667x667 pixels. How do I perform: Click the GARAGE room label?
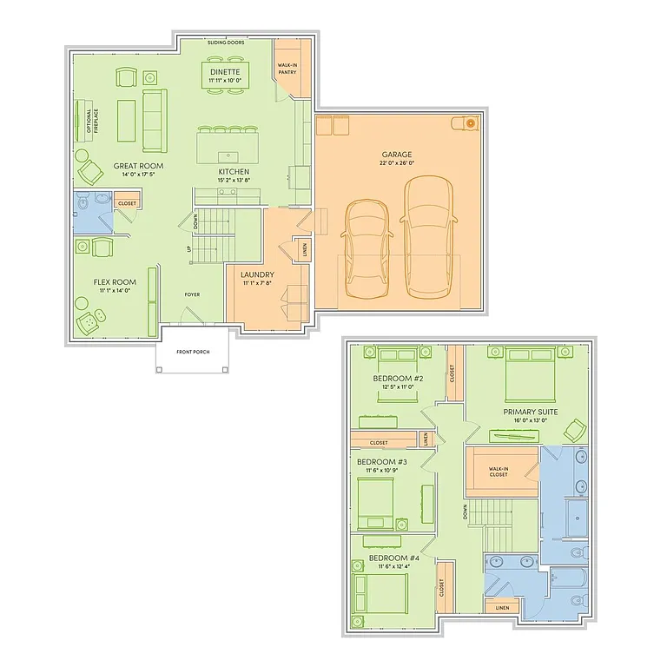397,155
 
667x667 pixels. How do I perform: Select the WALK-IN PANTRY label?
287,69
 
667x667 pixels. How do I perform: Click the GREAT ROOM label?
138,166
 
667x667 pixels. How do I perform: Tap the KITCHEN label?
234,172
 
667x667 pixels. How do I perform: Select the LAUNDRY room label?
258,274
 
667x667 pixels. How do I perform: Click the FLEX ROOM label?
115,282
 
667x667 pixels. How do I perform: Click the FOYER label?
192,294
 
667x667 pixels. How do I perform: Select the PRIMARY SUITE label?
530,412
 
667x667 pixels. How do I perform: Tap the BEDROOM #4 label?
394,558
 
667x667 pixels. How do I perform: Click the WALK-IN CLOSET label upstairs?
498,470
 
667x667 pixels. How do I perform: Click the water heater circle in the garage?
470,123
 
